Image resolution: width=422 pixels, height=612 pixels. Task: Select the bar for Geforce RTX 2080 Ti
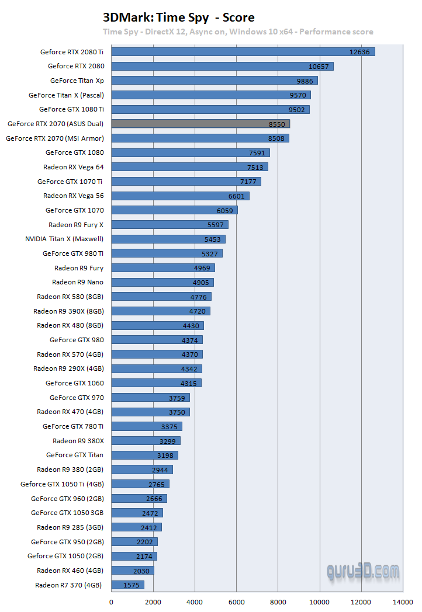[x=243, y=52]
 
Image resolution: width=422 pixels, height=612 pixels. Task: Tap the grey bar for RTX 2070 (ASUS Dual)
[x=200, y=124]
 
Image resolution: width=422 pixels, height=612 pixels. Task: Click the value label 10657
[x=319, y=67]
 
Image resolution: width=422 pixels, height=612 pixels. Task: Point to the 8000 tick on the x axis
[x=278, y=601]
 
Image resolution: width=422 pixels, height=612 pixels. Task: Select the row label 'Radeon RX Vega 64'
[x=74, y=167]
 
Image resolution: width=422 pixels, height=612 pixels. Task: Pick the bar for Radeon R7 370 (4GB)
[x=127, y=585]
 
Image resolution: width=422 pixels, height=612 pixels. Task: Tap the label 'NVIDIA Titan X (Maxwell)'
[x=64, y=239]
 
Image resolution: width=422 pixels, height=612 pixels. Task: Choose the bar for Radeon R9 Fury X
[x=170, y=225]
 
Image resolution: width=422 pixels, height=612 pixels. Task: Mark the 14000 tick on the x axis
[x=403, y=601]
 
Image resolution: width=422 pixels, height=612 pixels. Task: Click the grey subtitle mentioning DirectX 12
[x=238, y=32]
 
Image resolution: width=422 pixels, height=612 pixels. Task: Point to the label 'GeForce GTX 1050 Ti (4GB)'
[x=62, y=484]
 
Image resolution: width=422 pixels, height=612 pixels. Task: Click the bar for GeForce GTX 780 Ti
[x=146, y=426]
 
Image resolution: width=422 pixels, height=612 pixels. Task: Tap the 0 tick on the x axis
[x=112, y=601]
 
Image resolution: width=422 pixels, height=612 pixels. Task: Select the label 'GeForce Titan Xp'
[x=77, y=81]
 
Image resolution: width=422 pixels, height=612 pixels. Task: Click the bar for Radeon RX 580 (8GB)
[x=161, y=297]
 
